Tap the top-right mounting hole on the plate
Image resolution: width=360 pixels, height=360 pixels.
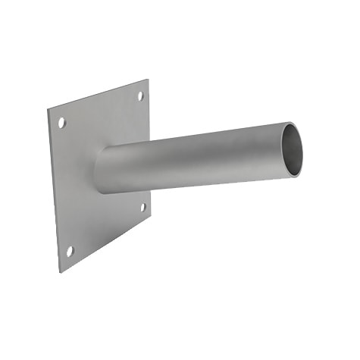tap(140, 96)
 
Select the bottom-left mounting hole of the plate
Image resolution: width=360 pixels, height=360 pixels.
tap(70, 249)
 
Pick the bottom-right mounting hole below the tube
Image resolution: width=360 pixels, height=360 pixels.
tap(142, 206)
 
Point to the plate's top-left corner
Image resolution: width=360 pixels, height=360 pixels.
tap(49, 111)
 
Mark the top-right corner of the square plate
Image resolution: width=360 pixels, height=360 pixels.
tap(148, 80)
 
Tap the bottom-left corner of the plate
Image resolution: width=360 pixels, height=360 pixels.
tap(61, 271)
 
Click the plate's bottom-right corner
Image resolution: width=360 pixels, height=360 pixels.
tap(150, 215)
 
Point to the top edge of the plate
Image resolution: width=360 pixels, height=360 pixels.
tap(99, 95)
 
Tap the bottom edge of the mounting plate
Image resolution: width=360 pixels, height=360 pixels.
tap(106, 243)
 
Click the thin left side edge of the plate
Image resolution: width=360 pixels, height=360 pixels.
tap(54, 189)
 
